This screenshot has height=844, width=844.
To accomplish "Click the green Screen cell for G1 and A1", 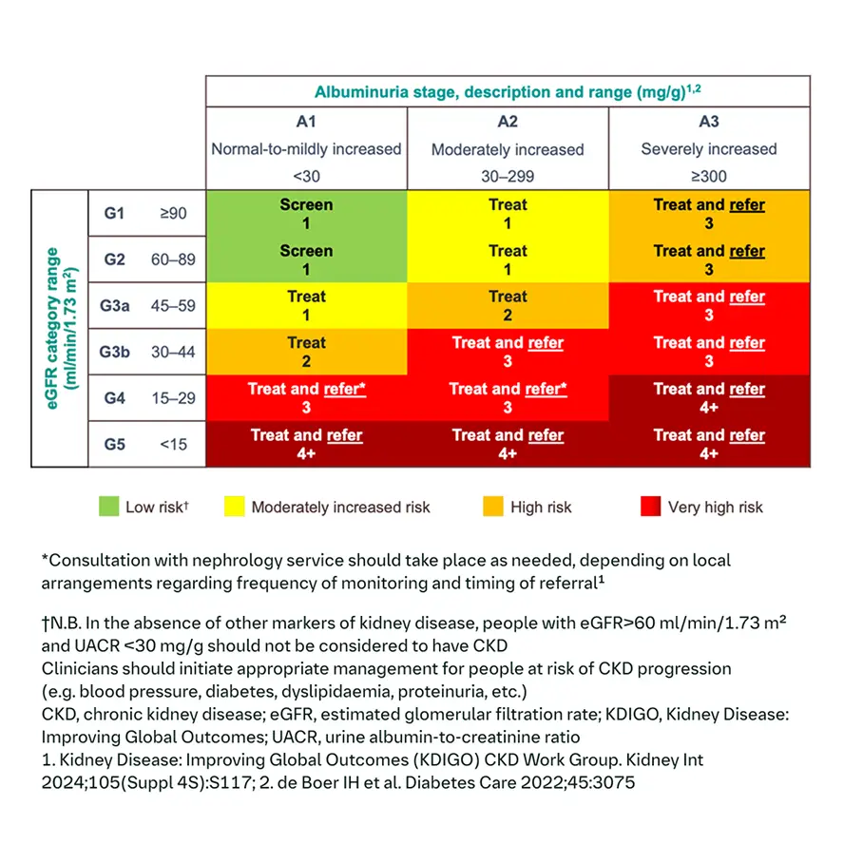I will pos(306,213).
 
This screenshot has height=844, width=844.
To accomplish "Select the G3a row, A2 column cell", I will pos(508,306).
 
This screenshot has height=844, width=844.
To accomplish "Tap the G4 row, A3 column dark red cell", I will pos(709,398).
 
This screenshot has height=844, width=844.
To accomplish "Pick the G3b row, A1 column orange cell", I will pos(306,352).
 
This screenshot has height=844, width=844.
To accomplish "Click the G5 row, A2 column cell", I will pos(508,445).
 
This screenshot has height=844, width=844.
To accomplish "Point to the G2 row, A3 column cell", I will pos(709,259).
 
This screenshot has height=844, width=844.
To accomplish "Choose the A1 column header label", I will pos(306,123).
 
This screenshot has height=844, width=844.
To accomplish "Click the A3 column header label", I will pos(709,123).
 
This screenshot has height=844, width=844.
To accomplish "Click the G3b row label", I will pos(115,352).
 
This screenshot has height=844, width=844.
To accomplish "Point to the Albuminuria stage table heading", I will pos(508,92).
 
